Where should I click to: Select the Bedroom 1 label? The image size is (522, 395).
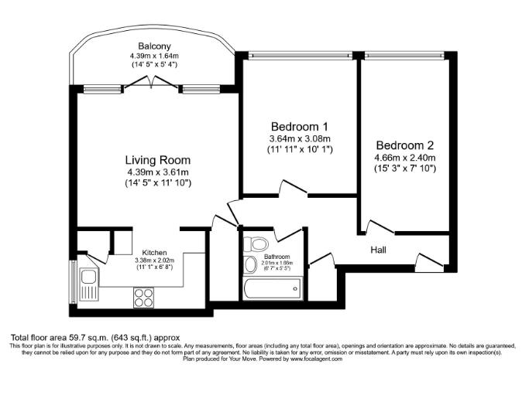point(300,126)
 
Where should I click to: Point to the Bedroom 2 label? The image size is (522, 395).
point(405,145)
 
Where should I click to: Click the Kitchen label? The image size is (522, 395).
point(155,252)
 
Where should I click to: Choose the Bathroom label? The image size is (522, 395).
point(276,256)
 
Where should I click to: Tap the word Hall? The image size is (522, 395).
point(378,250)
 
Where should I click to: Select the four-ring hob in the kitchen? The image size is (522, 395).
point(144,295)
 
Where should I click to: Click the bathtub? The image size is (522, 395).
point(271,290)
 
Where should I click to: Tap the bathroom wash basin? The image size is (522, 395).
point(249,266)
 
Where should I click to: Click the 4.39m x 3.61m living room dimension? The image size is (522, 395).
point(157,172)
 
